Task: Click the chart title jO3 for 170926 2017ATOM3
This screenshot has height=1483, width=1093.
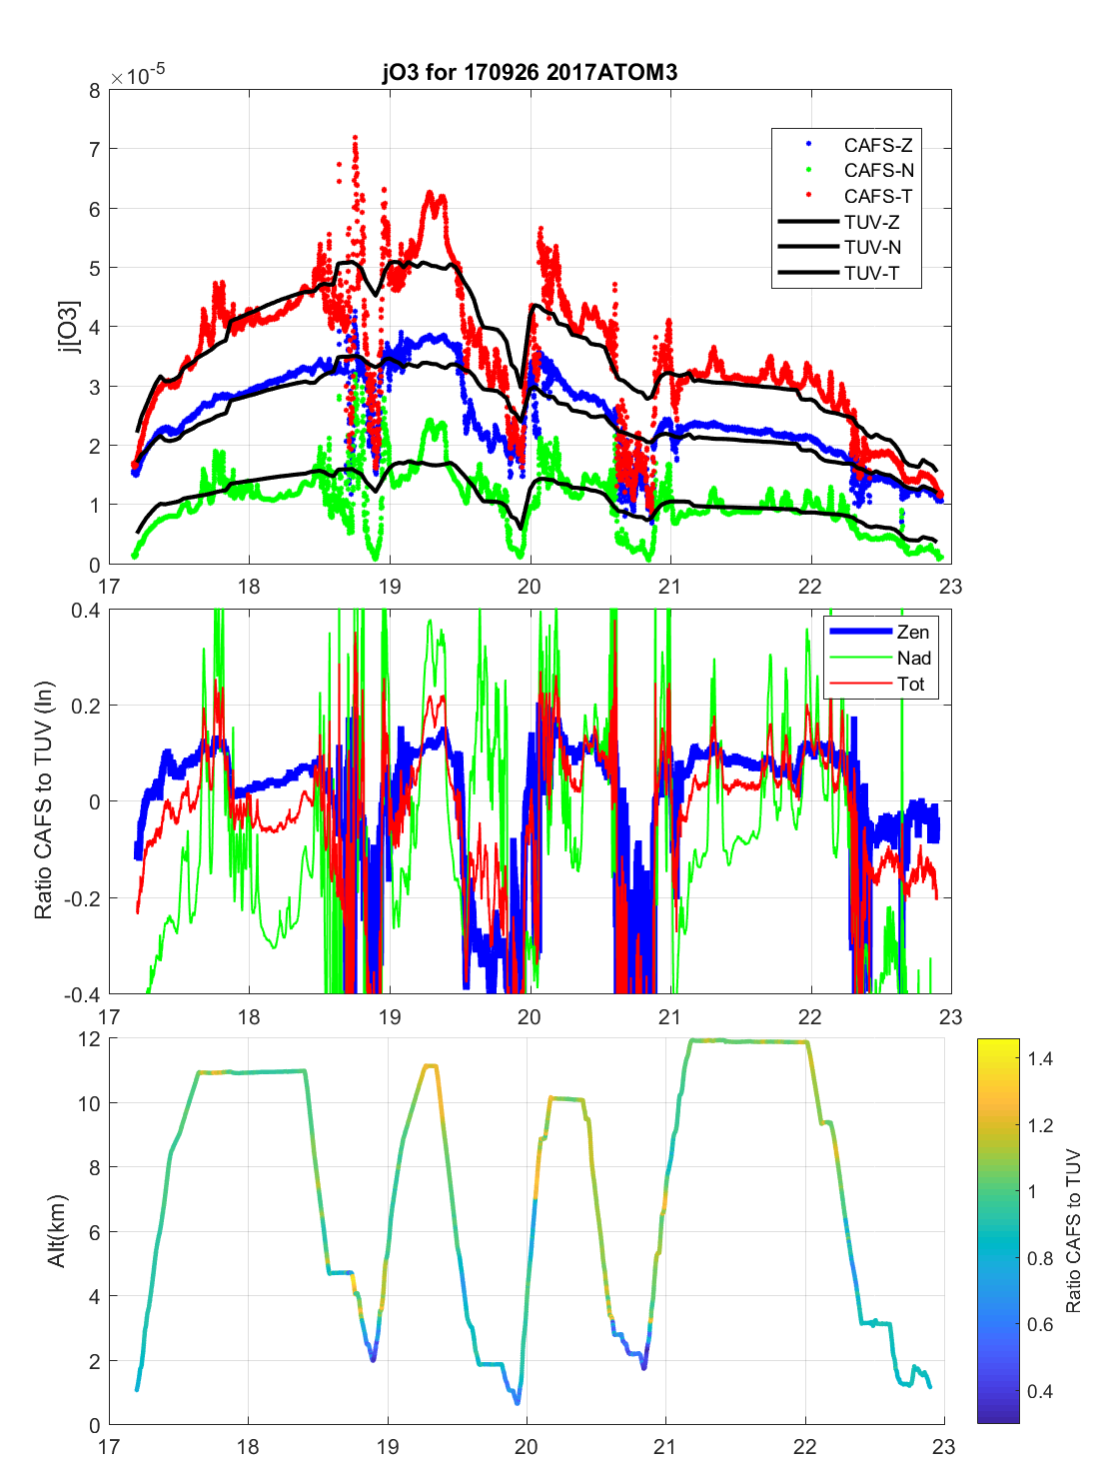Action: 530,72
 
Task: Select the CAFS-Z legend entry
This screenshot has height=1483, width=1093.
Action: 877,145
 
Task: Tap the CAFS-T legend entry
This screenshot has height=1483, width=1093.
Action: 877,197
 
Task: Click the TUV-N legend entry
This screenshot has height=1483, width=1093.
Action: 872,248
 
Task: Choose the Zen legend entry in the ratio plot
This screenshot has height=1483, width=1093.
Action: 912,633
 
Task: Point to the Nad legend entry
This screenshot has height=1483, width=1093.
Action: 913,659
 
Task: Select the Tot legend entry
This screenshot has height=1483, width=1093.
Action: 910,685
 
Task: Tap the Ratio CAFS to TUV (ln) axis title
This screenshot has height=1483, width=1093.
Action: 43,800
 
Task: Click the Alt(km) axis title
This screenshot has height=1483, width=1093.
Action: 57,1231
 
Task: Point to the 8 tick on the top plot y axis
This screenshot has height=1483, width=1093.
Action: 95,91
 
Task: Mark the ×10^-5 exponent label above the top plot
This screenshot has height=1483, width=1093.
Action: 138,76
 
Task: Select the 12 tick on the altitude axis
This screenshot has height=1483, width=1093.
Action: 89,1039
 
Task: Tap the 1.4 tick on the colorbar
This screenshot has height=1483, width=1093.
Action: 1040,1059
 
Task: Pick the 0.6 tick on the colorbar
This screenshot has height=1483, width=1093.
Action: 1040,1325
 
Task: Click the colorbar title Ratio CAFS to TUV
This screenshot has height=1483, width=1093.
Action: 1074,1231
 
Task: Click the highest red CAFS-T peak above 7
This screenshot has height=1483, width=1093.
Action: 355,137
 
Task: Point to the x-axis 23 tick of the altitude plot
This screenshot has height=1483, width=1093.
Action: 943,1446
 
